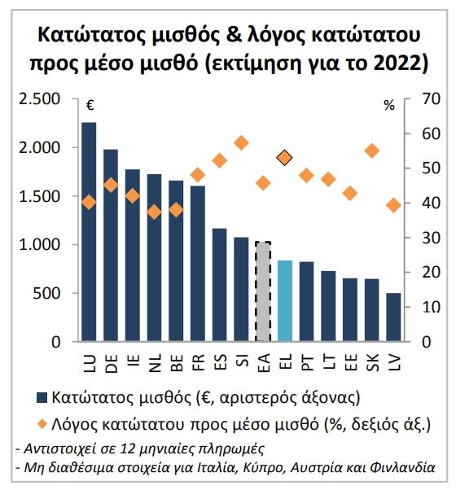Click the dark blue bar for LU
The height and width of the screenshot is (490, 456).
point(89,231)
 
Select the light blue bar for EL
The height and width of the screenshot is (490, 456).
point(285,300)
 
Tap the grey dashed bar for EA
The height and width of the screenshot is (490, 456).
point(263,291)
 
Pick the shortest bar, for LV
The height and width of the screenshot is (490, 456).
point(393,317)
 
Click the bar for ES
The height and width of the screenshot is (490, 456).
point(219,285)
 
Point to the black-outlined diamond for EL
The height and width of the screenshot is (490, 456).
point(285,158)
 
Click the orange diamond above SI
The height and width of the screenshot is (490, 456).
point(241,143)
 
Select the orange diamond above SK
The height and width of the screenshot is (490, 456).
point(372,151)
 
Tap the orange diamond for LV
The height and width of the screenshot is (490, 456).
point(393,205)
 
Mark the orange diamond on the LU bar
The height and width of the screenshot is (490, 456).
point(89,203)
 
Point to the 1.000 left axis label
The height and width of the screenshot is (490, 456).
point(39,245)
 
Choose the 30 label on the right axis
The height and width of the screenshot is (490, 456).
point(431,238)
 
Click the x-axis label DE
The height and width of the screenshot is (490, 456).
point(112,364)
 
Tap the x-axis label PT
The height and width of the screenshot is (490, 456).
point(307,362)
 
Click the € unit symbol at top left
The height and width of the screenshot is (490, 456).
point(90,105)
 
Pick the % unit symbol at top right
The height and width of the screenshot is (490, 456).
point(389,106)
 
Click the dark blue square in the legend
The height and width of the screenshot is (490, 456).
point(42,398)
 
